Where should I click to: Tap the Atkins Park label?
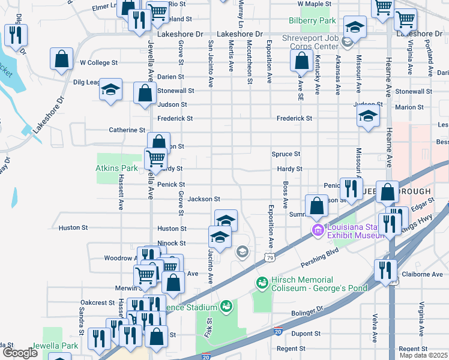(117, 169)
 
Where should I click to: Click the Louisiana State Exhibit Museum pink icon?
(317, 230)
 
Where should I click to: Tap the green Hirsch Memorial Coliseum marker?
(262, 282)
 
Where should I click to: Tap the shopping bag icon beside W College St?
(61, 59)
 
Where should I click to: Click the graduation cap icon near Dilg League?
(110, 89)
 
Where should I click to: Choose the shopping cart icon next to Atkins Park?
(156, 158)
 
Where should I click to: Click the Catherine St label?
(127, 130)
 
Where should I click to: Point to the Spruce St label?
(286, 154)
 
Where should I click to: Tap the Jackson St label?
(204, 199)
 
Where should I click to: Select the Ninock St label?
(171, 243)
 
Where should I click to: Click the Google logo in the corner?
(19, 353)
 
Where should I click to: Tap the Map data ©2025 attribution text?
(423, 355)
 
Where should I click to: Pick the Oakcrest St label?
(97, 303)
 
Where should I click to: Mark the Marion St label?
(410, 107)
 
